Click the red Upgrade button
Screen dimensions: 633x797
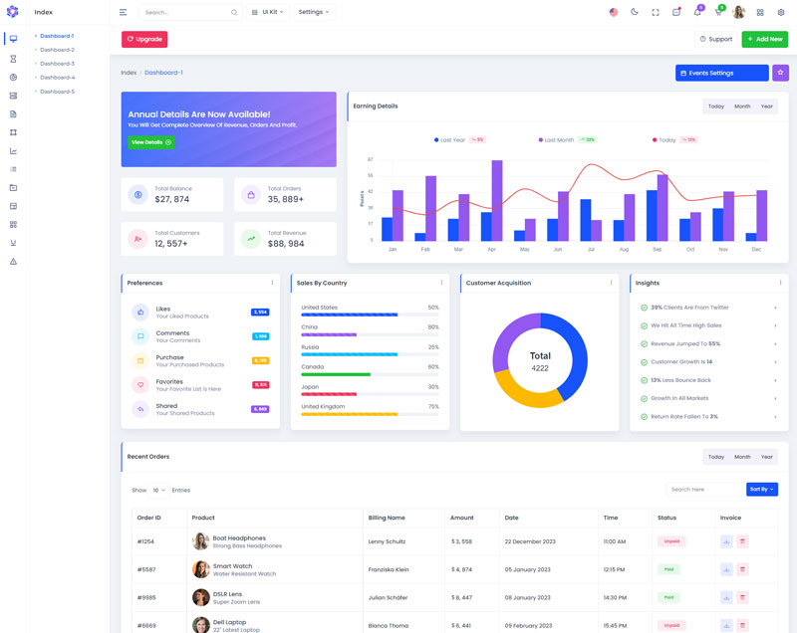(x=144, y=39)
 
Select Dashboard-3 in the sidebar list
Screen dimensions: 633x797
(x=57, y=63)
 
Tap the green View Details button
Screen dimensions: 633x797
(x=150, y=142)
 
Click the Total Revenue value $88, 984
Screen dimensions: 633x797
(x=286, y=243)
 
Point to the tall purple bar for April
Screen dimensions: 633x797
(x=497, y=199)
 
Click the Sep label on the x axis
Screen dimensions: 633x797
(x=657, y=249)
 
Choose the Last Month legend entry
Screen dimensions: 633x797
(x=559, y=140)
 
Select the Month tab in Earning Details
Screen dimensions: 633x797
(x=742, y=106)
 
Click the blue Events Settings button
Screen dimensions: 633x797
(x=721, y=73)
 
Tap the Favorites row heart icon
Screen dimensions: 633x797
(x=140, y=384)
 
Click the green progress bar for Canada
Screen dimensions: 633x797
(x=336, y=374)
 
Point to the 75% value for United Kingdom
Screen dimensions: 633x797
(x=433, y=406)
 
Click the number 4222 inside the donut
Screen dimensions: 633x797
(x=540, y=368)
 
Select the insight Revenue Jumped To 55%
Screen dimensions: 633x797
(x=685, y=343)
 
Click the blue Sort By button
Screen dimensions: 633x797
(x=761, y=490)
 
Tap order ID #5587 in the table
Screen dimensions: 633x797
(x=145, y=569)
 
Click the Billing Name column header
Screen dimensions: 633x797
(x=387, y=518)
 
